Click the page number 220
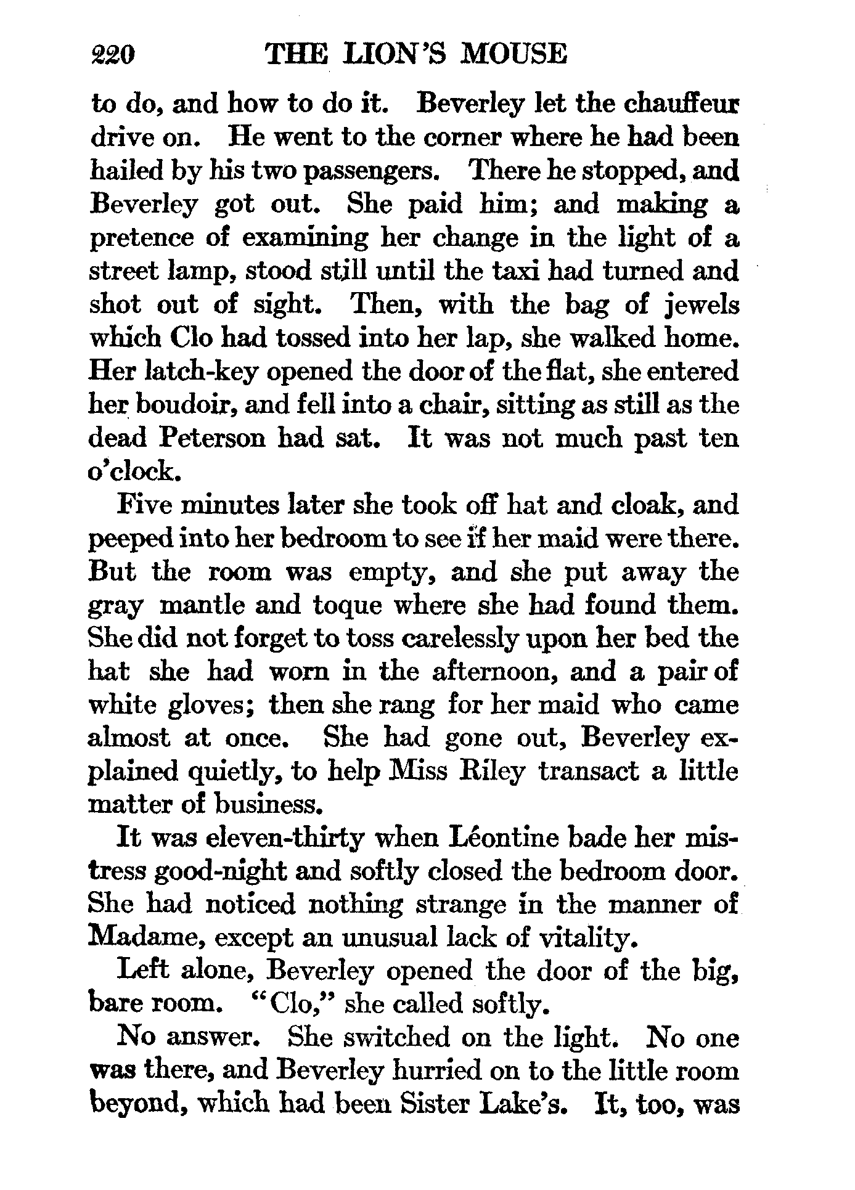(112, 55)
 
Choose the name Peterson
(214, 438)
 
